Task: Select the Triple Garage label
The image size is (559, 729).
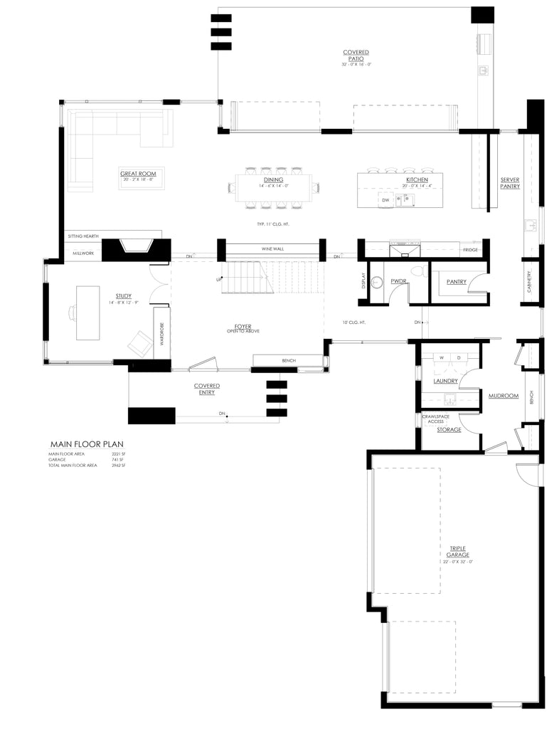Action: pos(457,551)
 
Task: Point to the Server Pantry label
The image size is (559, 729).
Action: pos(509,183)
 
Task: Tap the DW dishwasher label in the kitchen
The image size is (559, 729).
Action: pos(385,201)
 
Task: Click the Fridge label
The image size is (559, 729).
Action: pos(469,251)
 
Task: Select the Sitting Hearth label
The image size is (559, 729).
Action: pos(83,236)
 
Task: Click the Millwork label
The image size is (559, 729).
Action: pos(83,253)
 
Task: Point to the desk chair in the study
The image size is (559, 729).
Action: pos(73,311)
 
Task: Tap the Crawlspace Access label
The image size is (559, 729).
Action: pos(433,419)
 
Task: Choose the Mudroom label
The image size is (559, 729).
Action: pos(502,395)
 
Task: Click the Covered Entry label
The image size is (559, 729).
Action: pos(207,389)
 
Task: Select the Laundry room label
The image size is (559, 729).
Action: pos(449,381)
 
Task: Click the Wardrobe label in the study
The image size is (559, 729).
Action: pos(161,333)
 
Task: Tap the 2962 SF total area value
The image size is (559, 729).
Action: pos(118,465)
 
